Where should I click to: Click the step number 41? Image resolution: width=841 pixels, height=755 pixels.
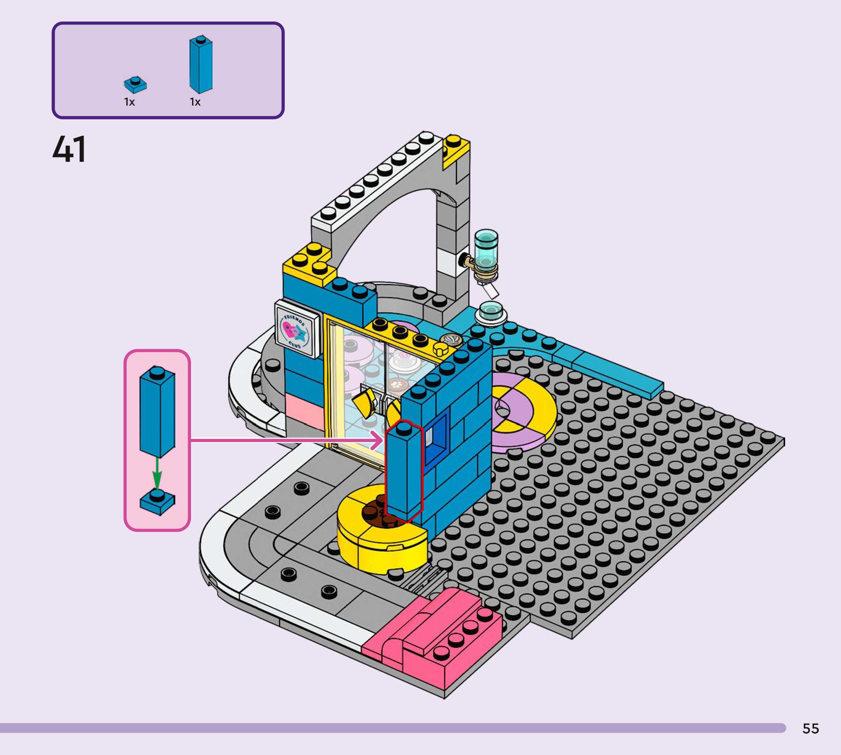[69, 149]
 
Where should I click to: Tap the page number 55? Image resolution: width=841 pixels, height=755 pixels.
[810, 728]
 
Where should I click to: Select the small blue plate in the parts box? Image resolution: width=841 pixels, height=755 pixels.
[135, 85]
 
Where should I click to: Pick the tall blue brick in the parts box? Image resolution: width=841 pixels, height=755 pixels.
[201, 64]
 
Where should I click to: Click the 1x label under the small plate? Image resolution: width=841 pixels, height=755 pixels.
[129, 102]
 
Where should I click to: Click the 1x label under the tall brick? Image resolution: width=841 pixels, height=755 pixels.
[195, 102]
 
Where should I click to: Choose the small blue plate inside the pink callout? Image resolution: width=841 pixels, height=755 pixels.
[157, 502]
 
